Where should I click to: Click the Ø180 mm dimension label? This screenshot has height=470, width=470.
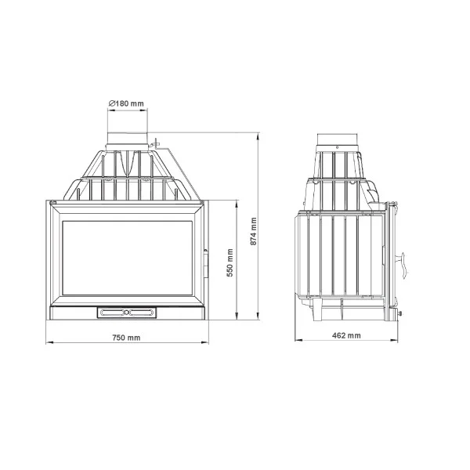tap(126, 103)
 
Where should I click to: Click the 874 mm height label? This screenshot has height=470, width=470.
tap(254, 231)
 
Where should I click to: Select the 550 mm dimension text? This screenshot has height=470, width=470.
tap(230, 262)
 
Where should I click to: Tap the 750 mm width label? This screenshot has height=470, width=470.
tap(126, 338)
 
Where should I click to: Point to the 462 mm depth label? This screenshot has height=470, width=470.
tap(346, 335)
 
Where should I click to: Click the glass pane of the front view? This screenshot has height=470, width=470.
tap(128, 258)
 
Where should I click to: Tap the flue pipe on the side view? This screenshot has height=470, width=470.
tap(337, 139)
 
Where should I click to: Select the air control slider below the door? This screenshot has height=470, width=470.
tap(127, 313)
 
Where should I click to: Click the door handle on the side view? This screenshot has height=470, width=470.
tap(403, 265)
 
